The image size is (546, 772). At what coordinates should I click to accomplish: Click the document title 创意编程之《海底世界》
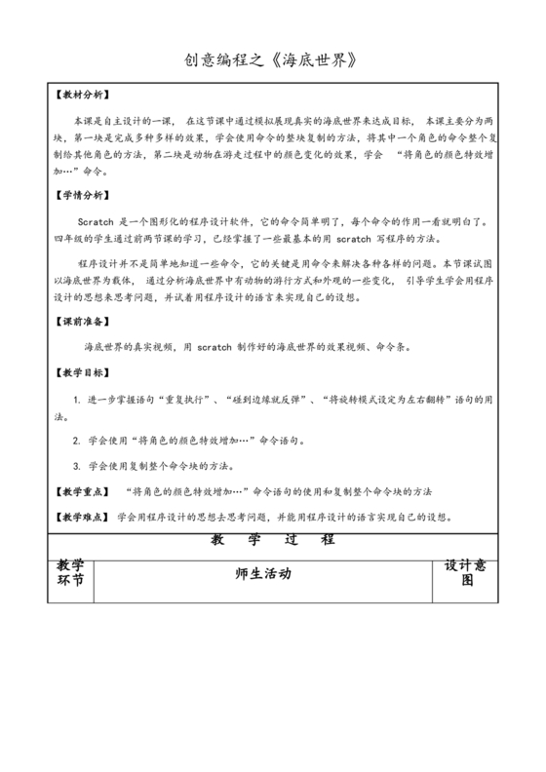[272, 60]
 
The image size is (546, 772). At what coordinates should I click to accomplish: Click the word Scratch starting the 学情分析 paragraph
[97, 221]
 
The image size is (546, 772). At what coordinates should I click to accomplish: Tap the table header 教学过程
[272, 539]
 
